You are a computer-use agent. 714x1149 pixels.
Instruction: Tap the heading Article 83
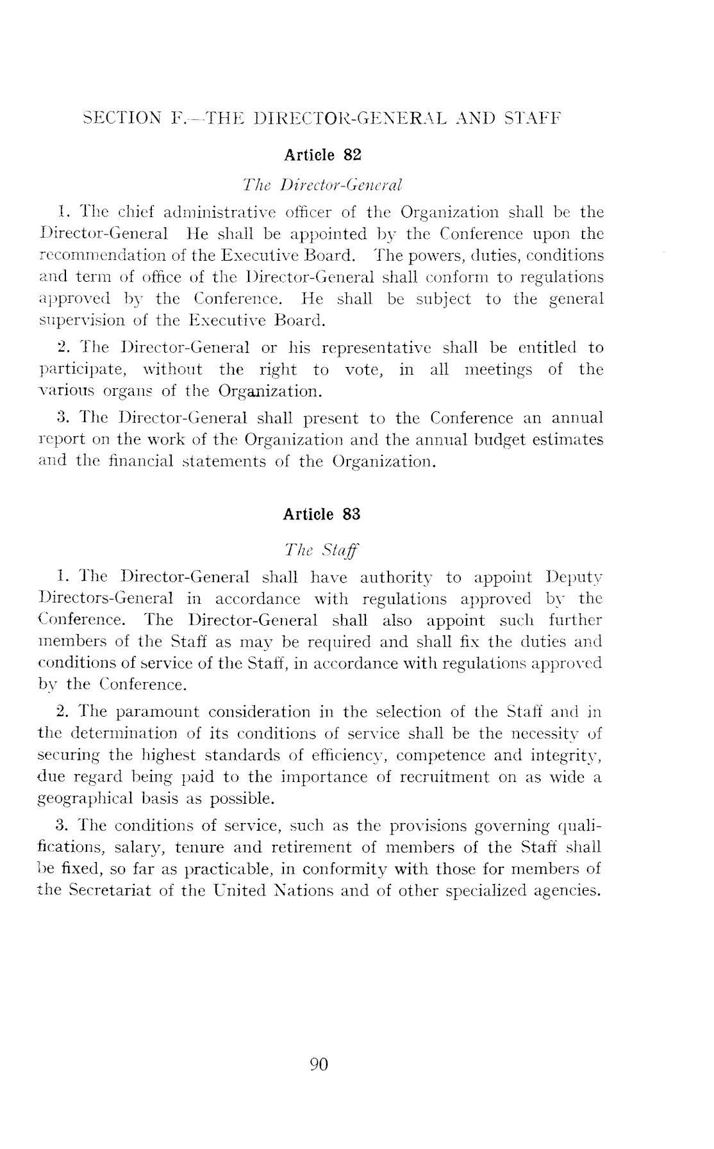tap(322, 514)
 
